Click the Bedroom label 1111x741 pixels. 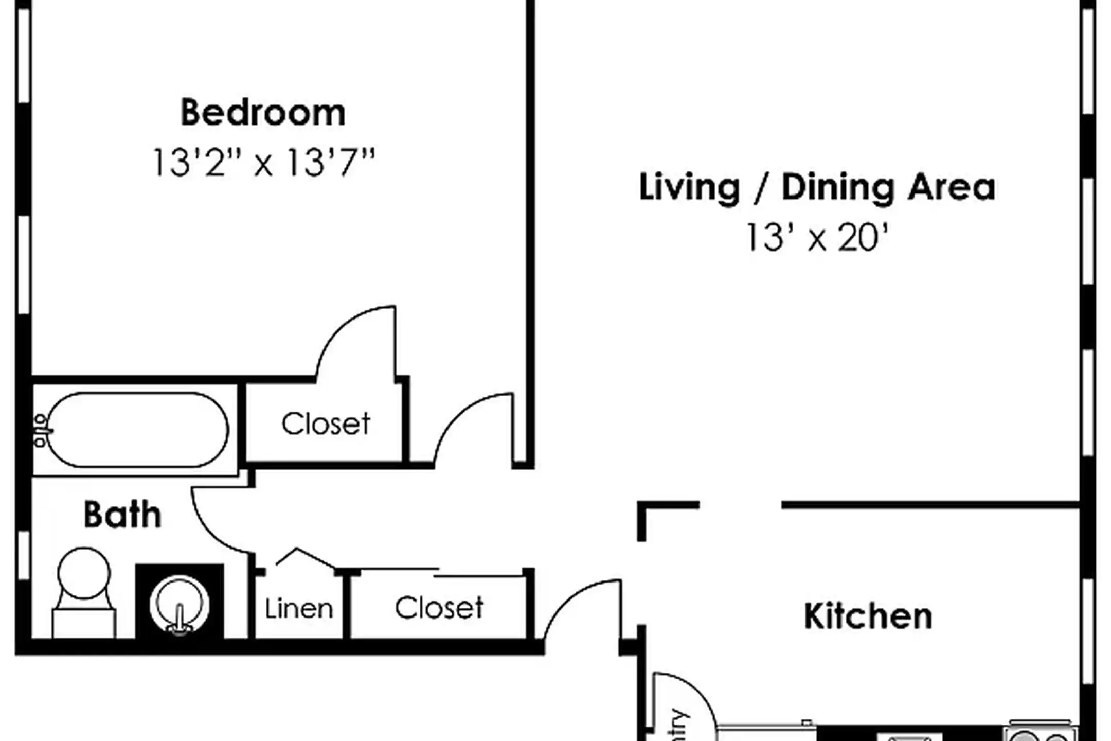(263, 113)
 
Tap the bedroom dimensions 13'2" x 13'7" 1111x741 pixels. (263, 163)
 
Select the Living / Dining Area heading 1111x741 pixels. (817, 187)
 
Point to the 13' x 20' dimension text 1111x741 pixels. (817, 238)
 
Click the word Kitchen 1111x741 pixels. (868, 616)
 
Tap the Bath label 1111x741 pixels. (122, 515)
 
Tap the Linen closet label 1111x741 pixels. (299, 609)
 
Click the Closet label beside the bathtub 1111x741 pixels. (326, 424)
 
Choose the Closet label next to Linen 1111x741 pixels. (439, 608)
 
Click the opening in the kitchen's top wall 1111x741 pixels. (741, 505)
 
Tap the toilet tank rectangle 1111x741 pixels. (84, 624)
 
